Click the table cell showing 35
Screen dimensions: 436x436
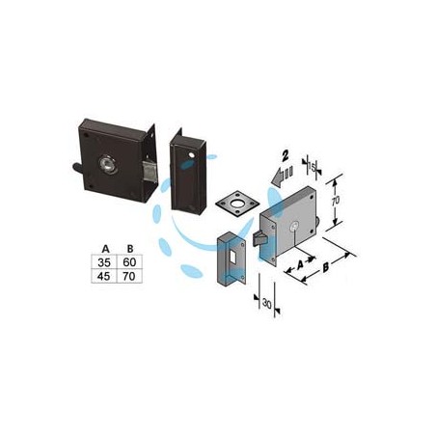point(104,262)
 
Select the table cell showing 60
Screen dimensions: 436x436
point(129,262)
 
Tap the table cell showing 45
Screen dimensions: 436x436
point(104,276)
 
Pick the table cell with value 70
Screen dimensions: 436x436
point(129,276)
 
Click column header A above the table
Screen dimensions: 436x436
point(105,249)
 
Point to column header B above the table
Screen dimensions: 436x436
point(130,249)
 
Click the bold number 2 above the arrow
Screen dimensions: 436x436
point(286,156)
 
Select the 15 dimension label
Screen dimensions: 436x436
point(312,167)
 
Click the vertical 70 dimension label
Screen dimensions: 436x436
point(335,201)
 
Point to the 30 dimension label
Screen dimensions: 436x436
point(266,303)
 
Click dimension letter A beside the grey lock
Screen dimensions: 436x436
point(300,265)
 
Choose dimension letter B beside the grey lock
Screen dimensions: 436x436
point(326,267)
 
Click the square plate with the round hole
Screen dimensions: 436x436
point(237,204)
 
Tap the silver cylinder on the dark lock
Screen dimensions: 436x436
point(108,165)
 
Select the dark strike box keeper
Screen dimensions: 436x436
point(188,172)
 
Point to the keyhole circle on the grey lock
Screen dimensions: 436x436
point(294,227)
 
